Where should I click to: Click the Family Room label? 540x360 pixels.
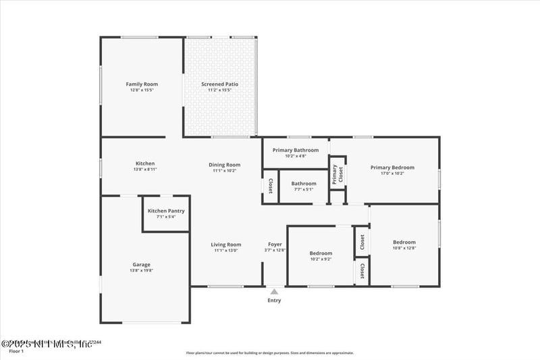[x=142, y=84]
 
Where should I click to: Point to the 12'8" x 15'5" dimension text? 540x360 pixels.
[x=142, y=90]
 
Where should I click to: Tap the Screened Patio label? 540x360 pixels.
[x=219, y=84]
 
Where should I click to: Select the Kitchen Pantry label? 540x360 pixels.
[x=166, y=211]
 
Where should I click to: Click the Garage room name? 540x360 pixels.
[x=142, y=265]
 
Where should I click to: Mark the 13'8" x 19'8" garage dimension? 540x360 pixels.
[x=142, y=270]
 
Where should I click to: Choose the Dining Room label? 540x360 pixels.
[x=224, y=165]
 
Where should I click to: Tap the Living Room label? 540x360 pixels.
[x=226, y=245]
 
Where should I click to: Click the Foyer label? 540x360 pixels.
[x=275, y=245]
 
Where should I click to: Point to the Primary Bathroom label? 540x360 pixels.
[x=295, y=150]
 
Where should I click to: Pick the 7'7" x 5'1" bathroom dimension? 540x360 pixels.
[x=304, y=189]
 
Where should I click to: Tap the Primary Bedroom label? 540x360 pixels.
[x=392, y=168]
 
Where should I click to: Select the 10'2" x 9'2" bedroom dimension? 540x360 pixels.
[x=321, y=259]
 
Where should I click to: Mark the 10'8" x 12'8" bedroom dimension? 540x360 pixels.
[x=404, y=248]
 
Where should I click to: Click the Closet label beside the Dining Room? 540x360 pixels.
[x=270, y=186]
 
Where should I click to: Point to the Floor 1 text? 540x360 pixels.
[x=16, y=351]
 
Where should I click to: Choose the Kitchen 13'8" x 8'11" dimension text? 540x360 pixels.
[x=145, y=170]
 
